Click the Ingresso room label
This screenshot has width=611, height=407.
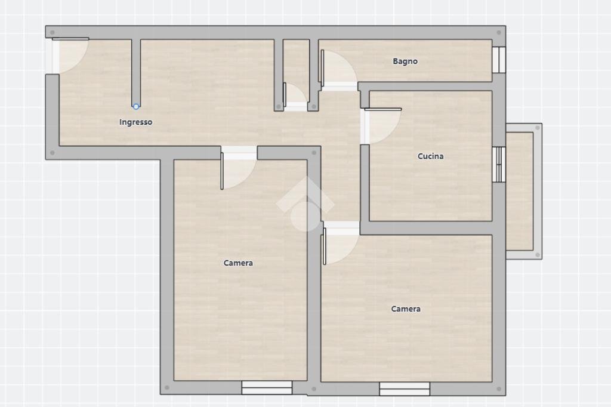pos(135,122)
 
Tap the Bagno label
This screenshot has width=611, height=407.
pos(405,61)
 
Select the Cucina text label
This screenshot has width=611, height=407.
pos(430,156)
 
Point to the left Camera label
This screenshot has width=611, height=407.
pos(238,263)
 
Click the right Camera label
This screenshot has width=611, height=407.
pos(406,309)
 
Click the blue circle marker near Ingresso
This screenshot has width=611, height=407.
pos(136,107)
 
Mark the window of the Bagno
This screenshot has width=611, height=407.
pos(499,59)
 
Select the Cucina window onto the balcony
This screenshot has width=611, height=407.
pos(499,164)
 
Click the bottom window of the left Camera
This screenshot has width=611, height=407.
pos(267,387)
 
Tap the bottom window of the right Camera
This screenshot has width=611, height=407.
pos(405,388)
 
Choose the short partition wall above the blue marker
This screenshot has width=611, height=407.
pos(136,72)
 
